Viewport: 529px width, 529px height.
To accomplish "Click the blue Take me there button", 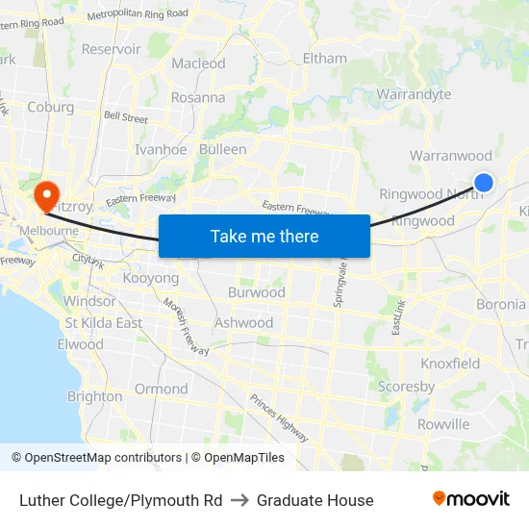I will [x=264, y=236].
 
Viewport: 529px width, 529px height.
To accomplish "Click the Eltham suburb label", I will [x=324, y=58].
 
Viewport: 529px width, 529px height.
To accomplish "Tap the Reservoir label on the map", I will [x=112, y=49].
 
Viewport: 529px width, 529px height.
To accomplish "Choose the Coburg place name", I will [x=51, y=107].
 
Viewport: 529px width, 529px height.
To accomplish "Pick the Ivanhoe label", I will [x=161, y=149].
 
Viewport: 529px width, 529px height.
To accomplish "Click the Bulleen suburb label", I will [x=222, y=149].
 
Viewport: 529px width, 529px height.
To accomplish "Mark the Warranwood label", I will [x=450, y=156].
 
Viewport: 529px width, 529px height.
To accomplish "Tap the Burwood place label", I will [x=256, y=292].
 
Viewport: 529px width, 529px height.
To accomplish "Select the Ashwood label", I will [x=243, y=323].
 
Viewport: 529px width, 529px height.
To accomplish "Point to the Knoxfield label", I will [x=450, y=364].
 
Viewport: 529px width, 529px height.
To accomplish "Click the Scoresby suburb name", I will [x=406, y=387].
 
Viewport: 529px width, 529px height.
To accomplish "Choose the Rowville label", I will [x=443, y=424].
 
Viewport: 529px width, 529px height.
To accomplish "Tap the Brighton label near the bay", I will [x=94, y=396].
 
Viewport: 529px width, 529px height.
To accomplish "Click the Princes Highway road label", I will [x=279, y=417].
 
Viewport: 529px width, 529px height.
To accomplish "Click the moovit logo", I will [x=471, y=499].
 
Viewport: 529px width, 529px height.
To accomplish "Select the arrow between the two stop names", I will [x=239, y=500].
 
